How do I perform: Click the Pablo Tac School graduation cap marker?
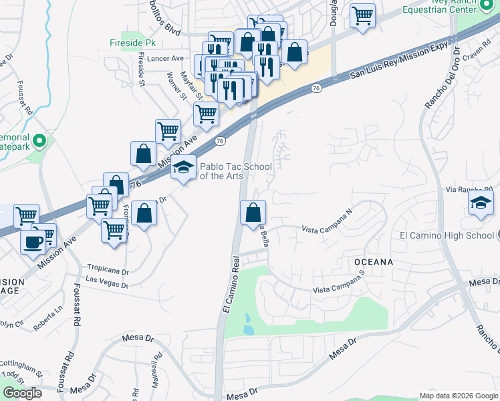pos(182,168)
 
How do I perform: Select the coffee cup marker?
pos(33,242)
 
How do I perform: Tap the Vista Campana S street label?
pos(340,288)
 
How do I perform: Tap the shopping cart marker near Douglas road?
pos(362,15)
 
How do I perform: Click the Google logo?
pos(22,393)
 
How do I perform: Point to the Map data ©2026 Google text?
pos(458,395)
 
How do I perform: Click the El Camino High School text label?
pos(447,235)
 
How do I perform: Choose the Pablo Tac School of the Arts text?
pos(227,170)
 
